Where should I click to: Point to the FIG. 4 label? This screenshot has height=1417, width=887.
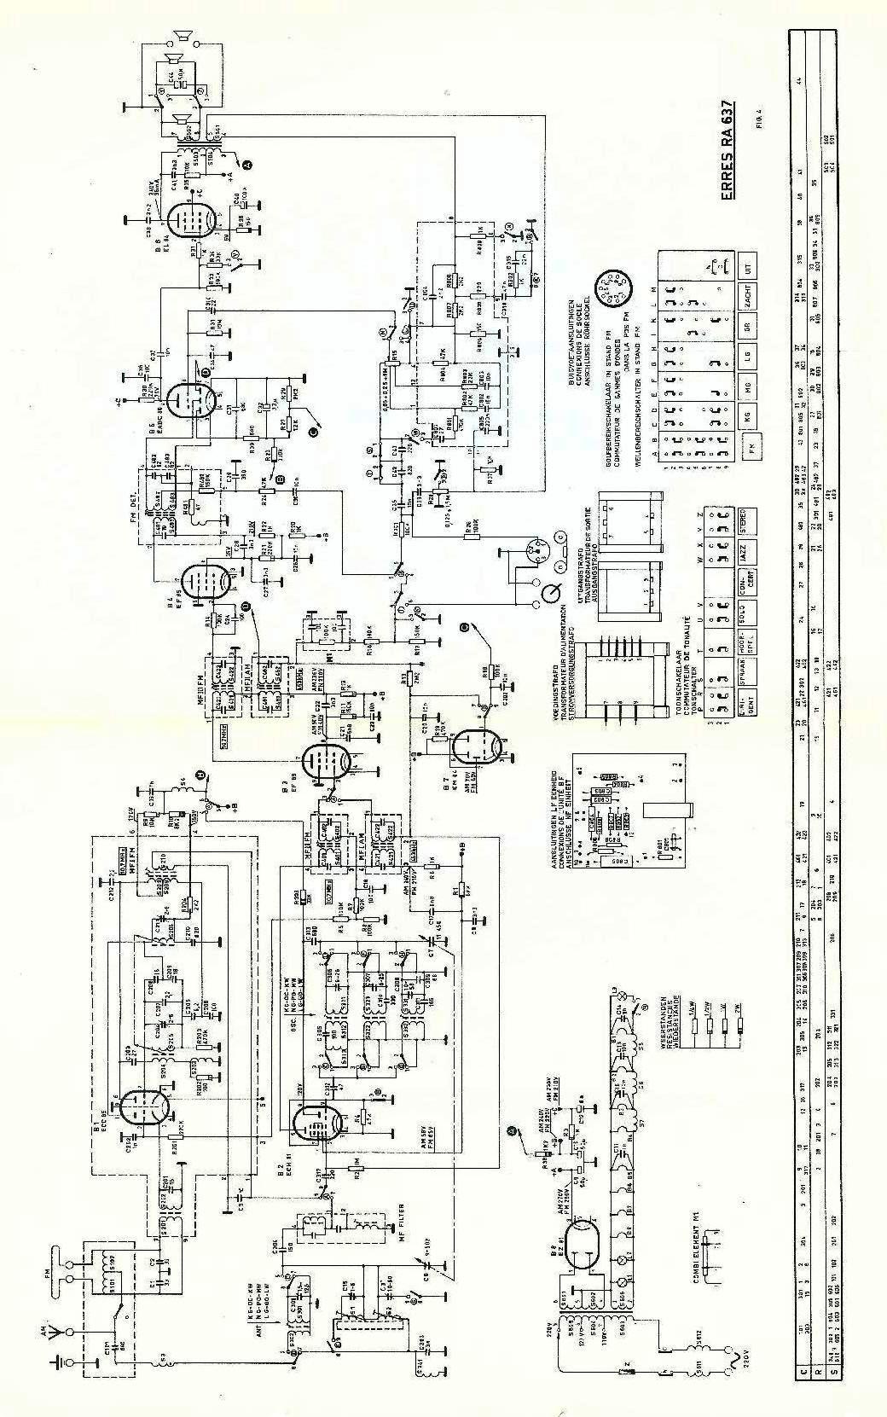pos(760,117)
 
